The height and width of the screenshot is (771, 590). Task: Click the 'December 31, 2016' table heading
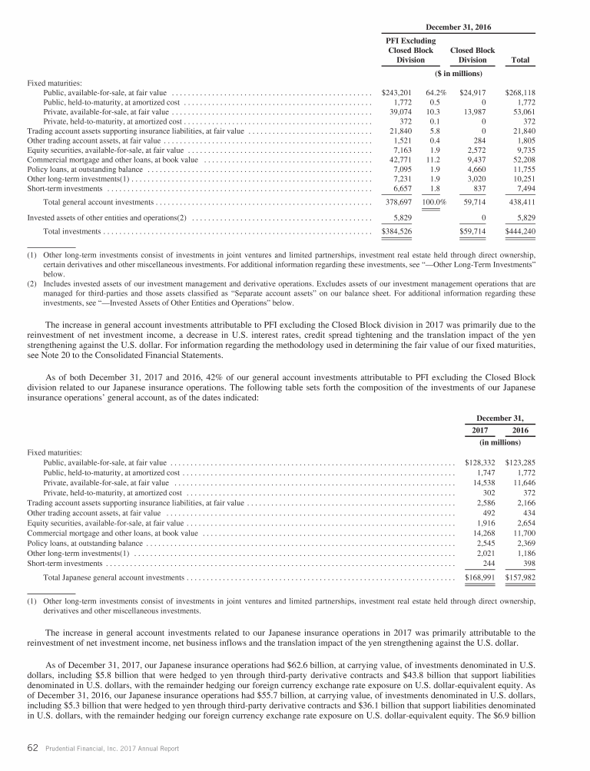pyautogui.click(x=459, y=27)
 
